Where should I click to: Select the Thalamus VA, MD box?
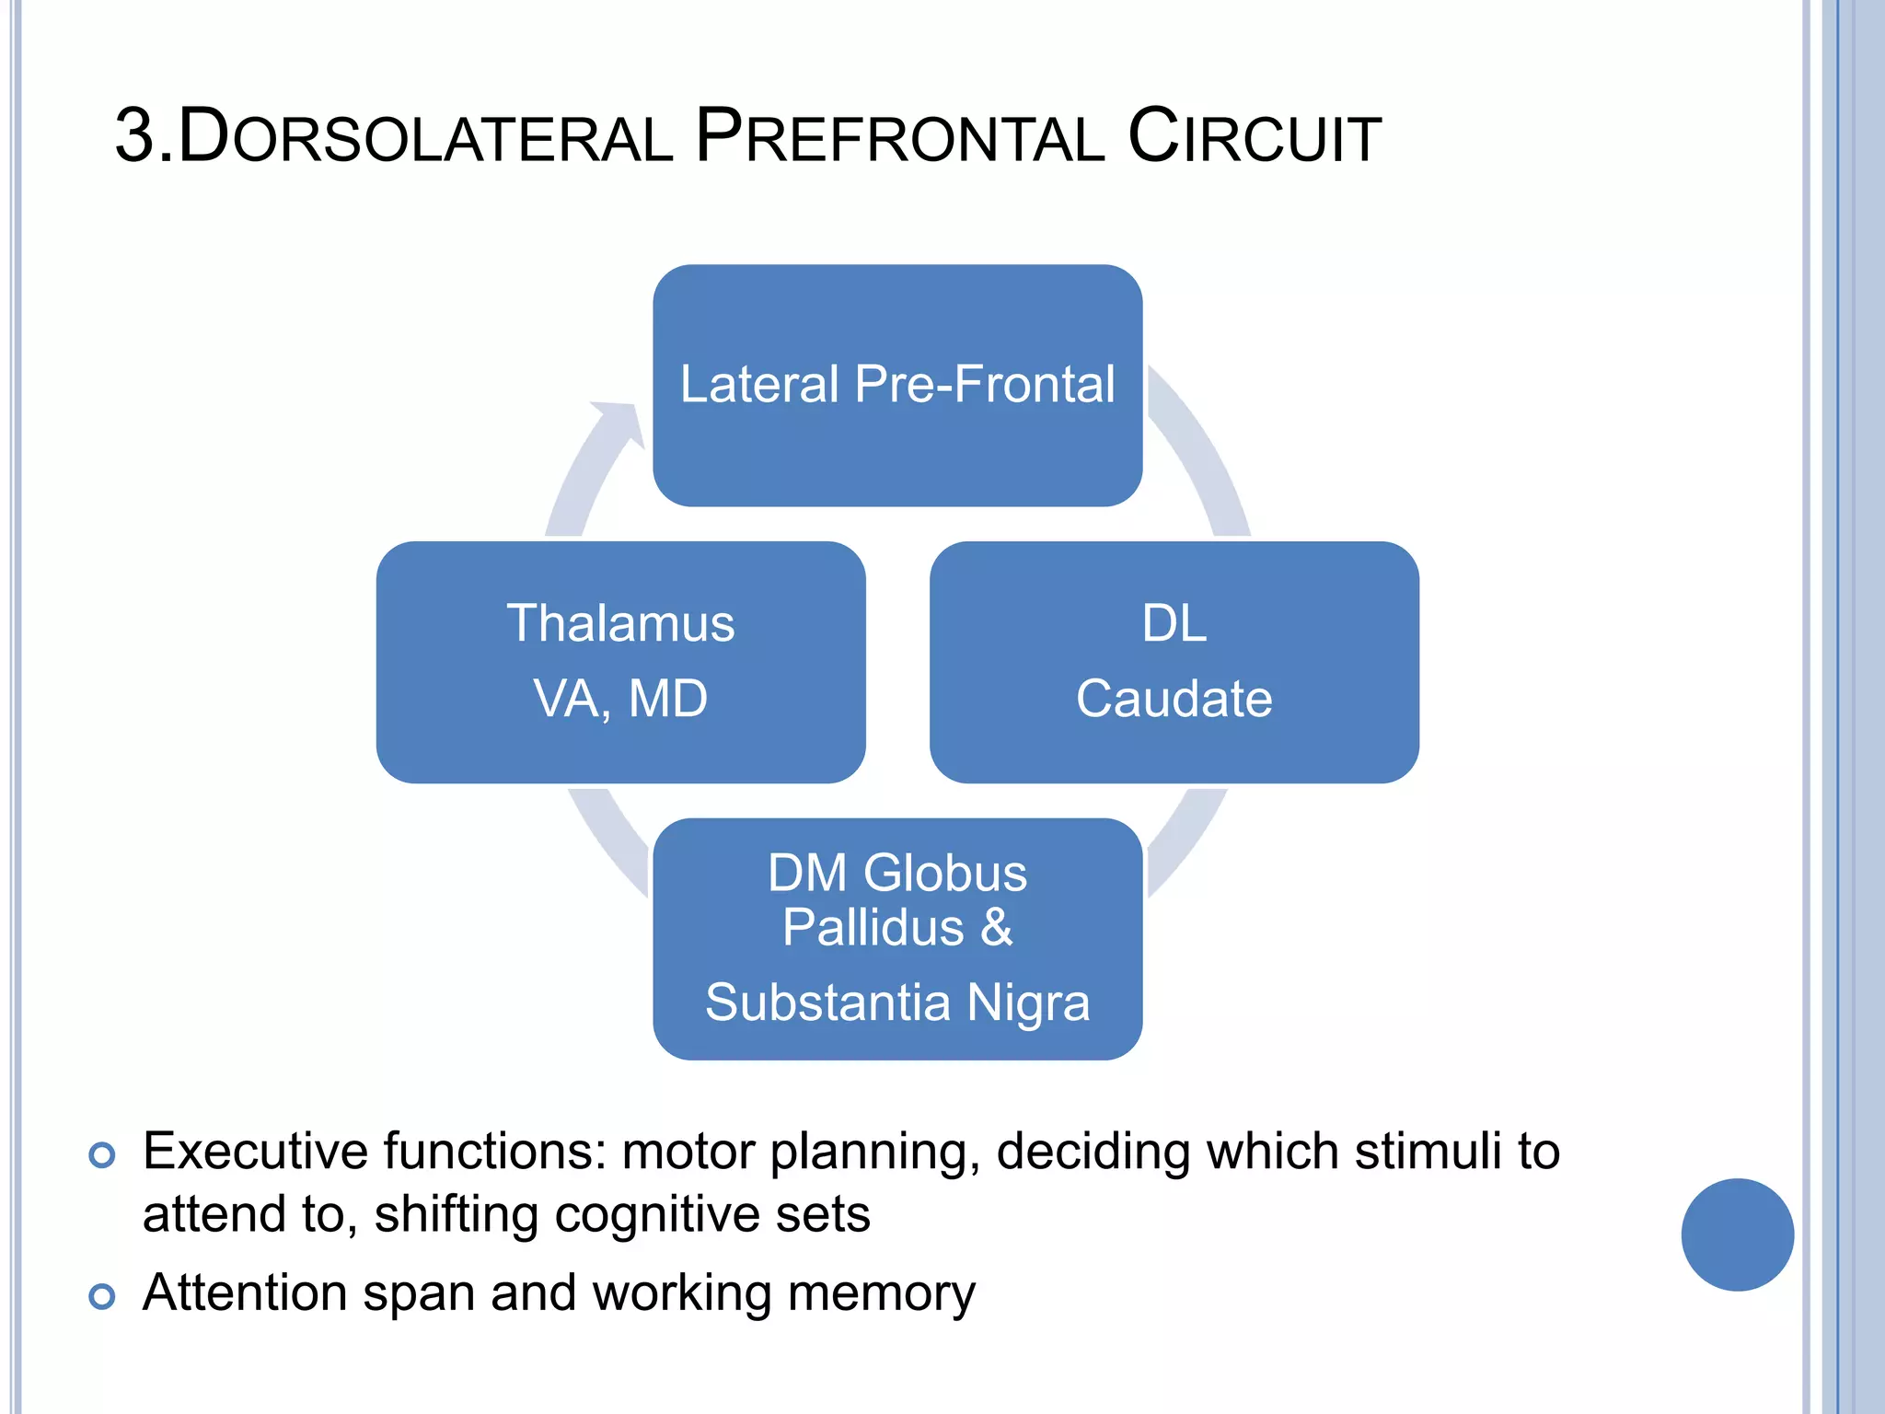pos(620,662)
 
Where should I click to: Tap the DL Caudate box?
pos(1174,662)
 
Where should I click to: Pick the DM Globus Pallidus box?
pos(897,938)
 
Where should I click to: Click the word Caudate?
pos(1174,699)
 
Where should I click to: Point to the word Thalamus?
pos(620,623)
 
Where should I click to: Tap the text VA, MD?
pos(620,699)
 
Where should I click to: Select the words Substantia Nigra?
pos(897,1003)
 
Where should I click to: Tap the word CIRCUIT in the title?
pos(1254,138)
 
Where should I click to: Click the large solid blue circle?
pos(1737,1234)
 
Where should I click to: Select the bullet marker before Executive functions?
pos(102,1154)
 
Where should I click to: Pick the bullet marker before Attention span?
pos(102,1296)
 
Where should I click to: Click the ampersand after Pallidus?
pos(996,927)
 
